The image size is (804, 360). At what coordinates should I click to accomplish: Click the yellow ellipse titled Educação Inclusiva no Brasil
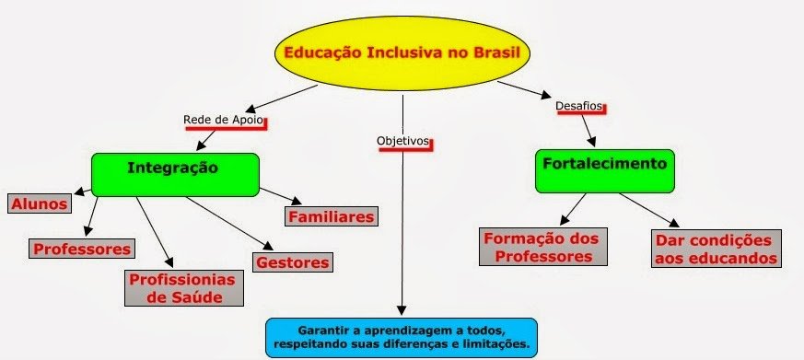click(x=402, y=53)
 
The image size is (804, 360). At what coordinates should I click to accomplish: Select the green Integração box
click(x=175, y=172)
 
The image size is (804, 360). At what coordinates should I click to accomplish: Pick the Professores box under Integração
click(x=83, y=249)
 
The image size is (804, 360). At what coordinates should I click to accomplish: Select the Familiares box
click(x=331, y=217)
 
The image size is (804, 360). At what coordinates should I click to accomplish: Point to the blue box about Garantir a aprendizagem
click(x=401, y=337)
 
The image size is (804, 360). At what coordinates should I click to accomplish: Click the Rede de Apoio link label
click(x=224, y=120)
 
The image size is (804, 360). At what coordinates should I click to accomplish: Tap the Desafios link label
click(x=579, y=106)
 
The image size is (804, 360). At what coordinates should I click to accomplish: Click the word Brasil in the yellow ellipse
click(x=494, y=52)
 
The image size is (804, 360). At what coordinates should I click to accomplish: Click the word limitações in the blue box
click(x=497, y=344)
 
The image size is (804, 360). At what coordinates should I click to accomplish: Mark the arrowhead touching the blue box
click(x=402, y=311)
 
